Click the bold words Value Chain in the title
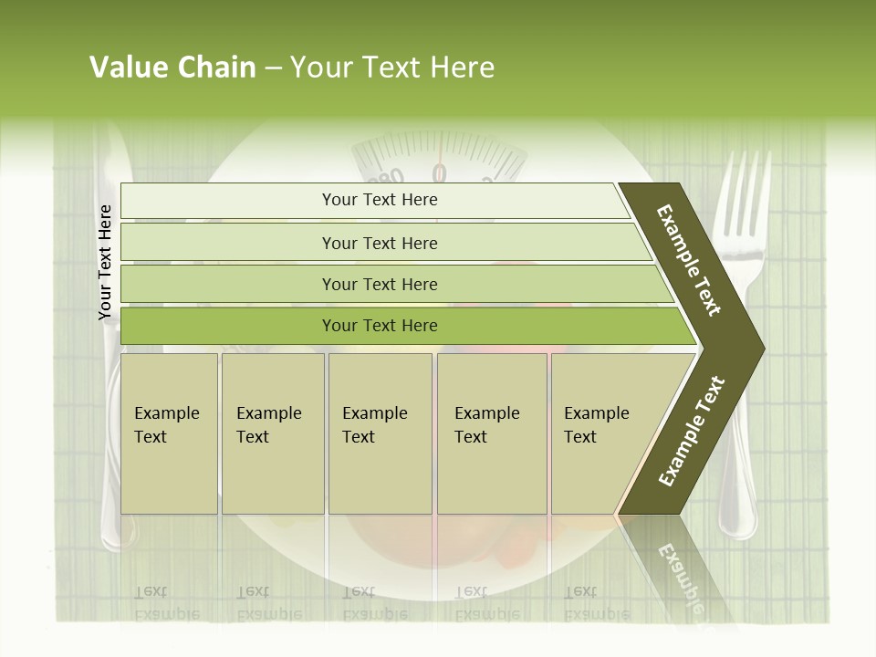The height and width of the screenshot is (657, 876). pyautogui.click(x=172, y=68)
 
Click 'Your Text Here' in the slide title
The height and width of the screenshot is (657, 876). pyautogui.click(x=392, y=68)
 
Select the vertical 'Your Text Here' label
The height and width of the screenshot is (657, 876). pyautogui.click(x=105, y=262)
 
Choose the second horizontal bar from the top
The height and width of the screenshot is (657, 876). pyautogui.click(x=379, y=243)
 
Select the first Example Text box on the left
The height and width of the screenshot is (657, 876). pyautogui.click(x=169, y=433)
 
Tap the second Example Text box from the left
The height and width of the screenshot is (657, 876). pyautogui.click(x=272, y=433)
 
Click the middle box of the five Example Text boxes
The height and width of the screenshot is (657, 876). pyautogui.click(x=380, y=433)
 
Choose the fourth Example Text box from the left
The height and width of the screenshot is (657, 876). pyautogui.click(x=491, y=433)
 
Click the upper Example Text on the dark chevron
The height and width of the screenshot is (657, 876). pyautogui.click(x=689, y=260)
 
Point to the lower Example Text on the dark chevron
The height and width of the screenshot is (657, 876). pyautogui.click(x=692, y=431)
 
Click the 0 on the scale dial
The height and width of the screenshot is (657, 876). pyautogui.click(x=439, y=172)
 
